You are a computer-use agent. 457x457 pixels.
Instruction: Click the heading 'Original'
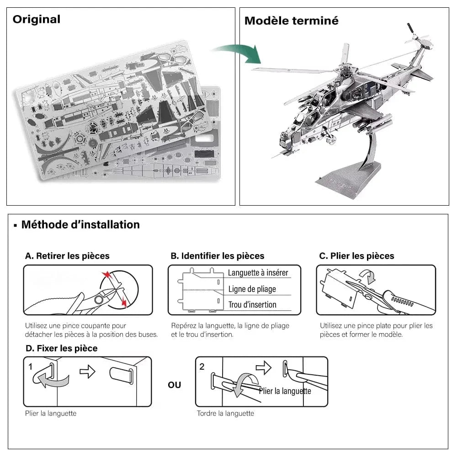[x=37, y=19]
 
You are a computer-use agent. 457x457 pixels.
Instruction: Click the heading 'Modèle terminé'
[x=291, y=21]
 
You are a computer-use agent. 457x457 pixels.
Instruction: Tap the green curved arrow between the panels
[x=237, y=53]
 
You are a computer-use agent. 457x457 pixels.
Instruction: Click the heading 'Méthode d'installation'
[x=80, y=225]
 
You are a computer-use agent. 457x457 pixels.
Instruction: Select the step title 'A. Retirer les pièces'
[x=67, y=256]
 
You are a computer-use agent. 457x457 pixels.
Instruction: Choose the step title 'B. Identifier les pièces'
[x=218, y=256]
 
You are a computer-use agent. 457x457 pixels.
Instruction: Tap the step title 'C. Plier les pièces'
[x=356, y=256]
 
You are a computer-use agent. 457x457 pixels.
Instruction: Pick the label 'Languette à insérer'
[x=258, y=273]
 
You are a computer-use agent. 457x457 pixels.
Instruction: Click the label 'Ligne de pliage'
[x=252, y=289]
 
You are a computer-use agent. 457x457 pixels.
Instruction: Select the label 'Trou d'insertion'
[x=252, y=304]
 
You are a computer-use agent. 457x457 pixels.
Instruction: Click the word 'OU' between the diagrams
[x=174, y=385]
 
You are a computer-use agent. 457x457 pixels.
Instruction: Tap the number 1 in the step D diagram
[x=30, y=366]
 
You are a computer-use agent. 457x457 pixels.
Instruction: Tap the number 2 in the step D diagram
[x=202, y=366]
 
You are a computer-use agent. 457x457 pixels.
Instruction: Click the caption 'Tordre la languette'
[x=225, y=414]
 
